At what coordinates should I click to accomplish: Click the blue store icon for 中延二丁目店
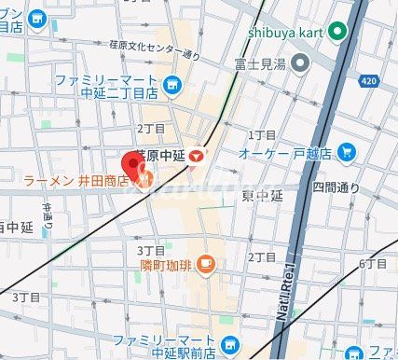click(x=172, y=87)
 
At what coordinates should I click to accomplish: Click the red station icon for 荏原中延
click(x=196, y=156)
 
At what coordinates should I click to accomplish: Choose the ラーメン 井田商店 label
click(x=76, y=180)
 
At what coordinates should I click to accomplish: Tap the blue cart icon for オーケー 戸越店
click(x=347, y=151)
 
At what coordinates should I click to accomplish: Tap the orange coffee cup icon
click(x=207, y=266)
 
